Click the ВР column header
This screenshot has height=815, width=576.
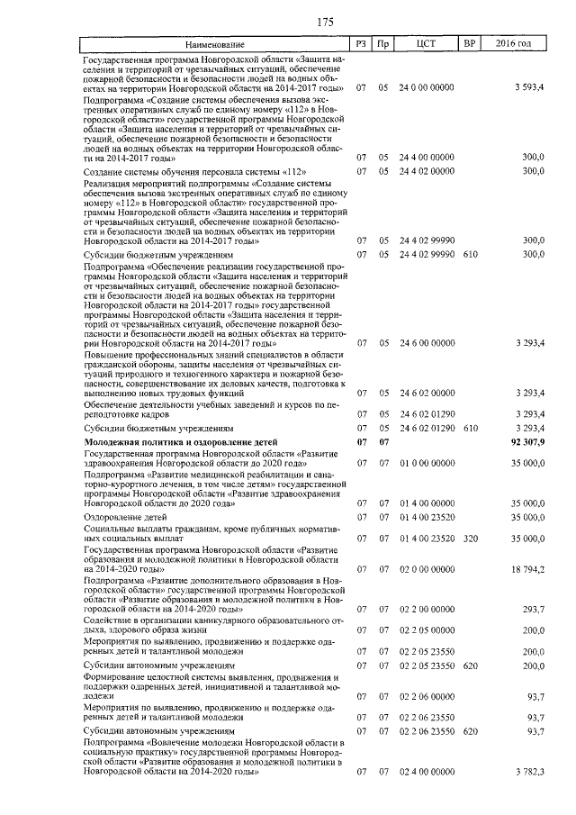pyautogui.click(x=469, y=44)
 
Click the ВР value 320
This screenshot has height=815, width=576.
pyautogui.click(x=469, y=539)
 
